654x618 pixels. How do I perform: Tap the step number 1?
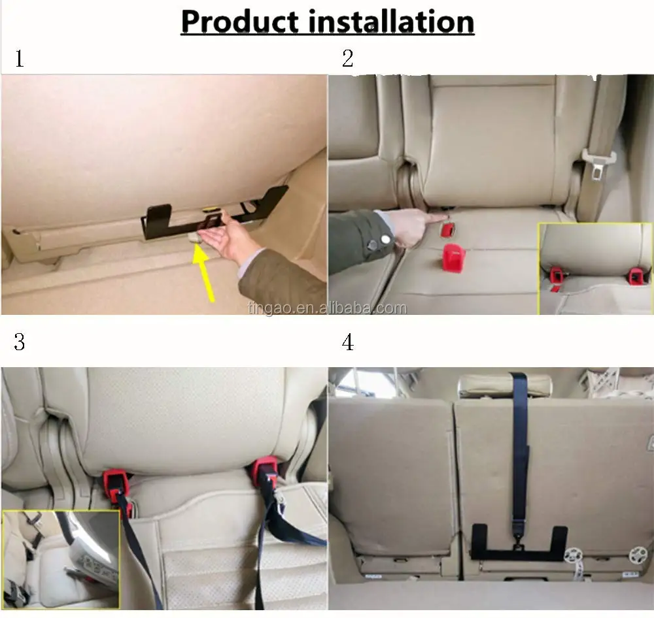click(x=20, y=59)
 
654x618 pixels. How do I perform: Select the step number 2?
click(x=348, y=59)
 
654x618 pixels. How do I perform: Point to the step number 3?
click(x=20, y=342)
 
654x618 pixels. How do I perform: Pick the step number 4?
click(x=348, y=342)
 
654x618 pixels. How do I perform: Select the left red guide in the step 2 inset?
click(x=557, y=276)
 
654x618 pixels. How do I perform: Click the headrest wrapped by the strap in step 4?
click(x=504, y=385)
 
